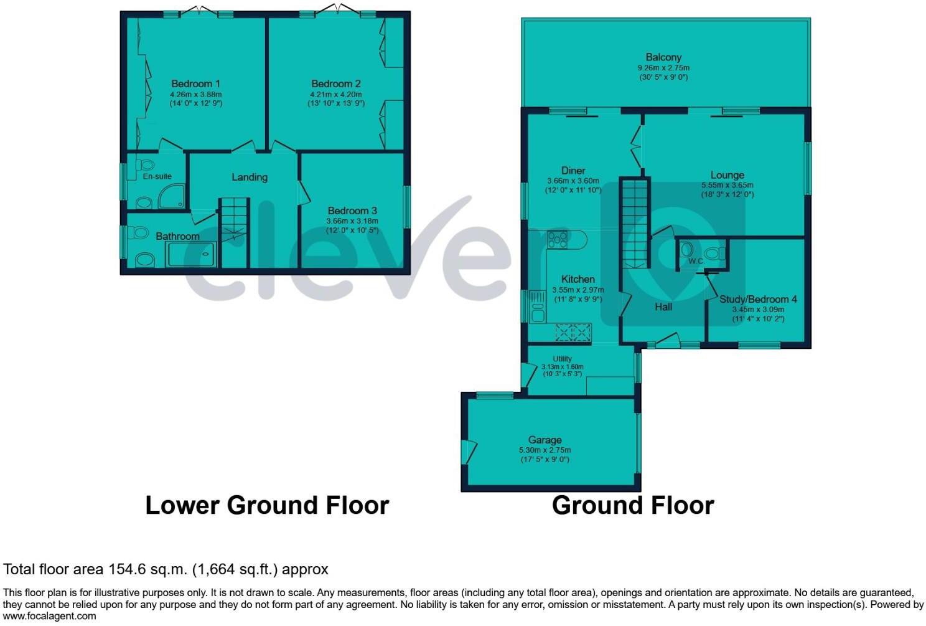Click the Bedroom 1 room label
[195, 83]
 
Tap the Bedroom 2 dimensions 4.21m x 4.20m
[335, 94]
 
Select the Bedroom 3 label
[352, 211]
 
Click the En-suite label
[157, 176]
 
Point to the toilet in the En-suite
[146, 166]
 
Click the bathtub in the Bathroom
[190, 254]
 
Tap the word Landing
[250, 177]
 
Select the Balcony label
[663, 57]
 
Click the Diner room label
[573, 171]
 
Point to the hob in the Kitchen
[558, 239]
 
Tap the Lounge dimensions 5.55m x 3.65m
[727, 185]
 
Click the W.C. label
[696, 262]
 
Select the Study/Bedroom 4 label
[758, 299]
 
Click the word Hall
[663, 306]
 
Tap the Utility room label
[562, 359]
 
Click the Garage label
[545, 440]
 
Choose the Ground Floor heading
[632, 505]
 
